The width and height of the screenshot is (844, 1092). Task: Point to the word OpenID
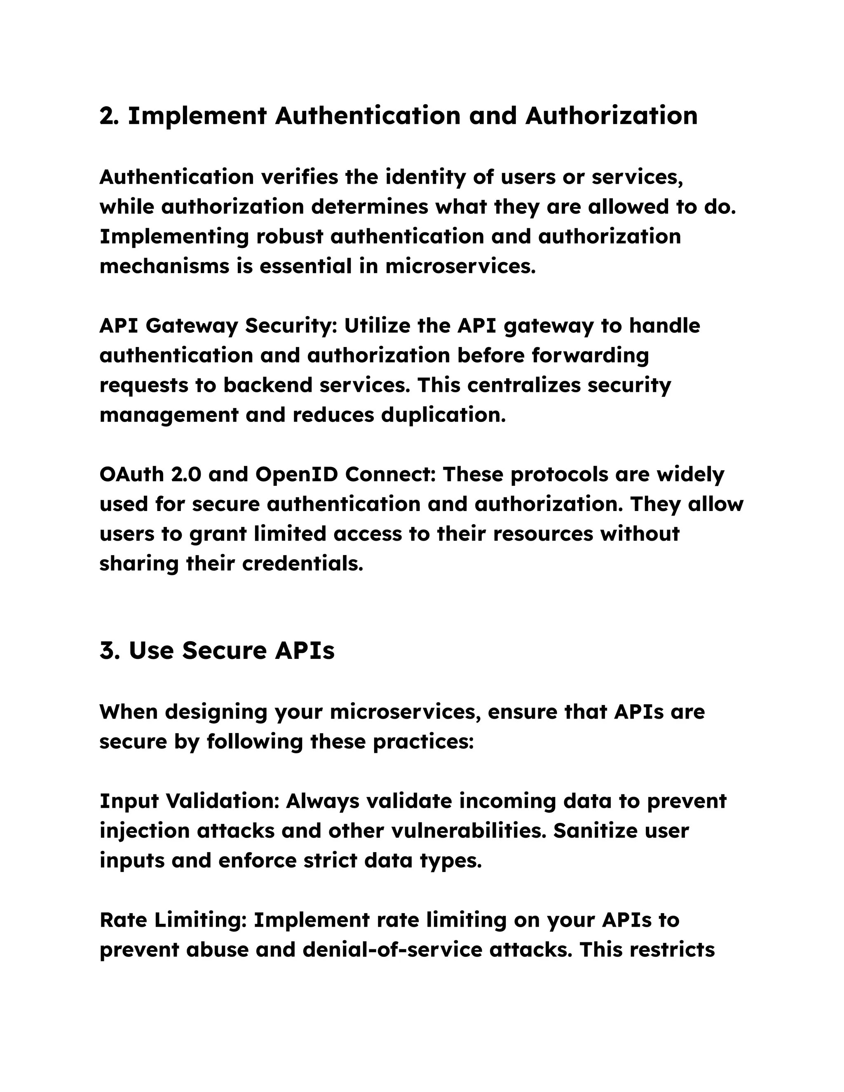(296, 474)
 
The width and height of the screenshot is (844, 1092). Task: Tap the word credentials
(302, 563)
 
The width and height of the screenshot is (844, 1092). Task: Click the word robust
(289, 237)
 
